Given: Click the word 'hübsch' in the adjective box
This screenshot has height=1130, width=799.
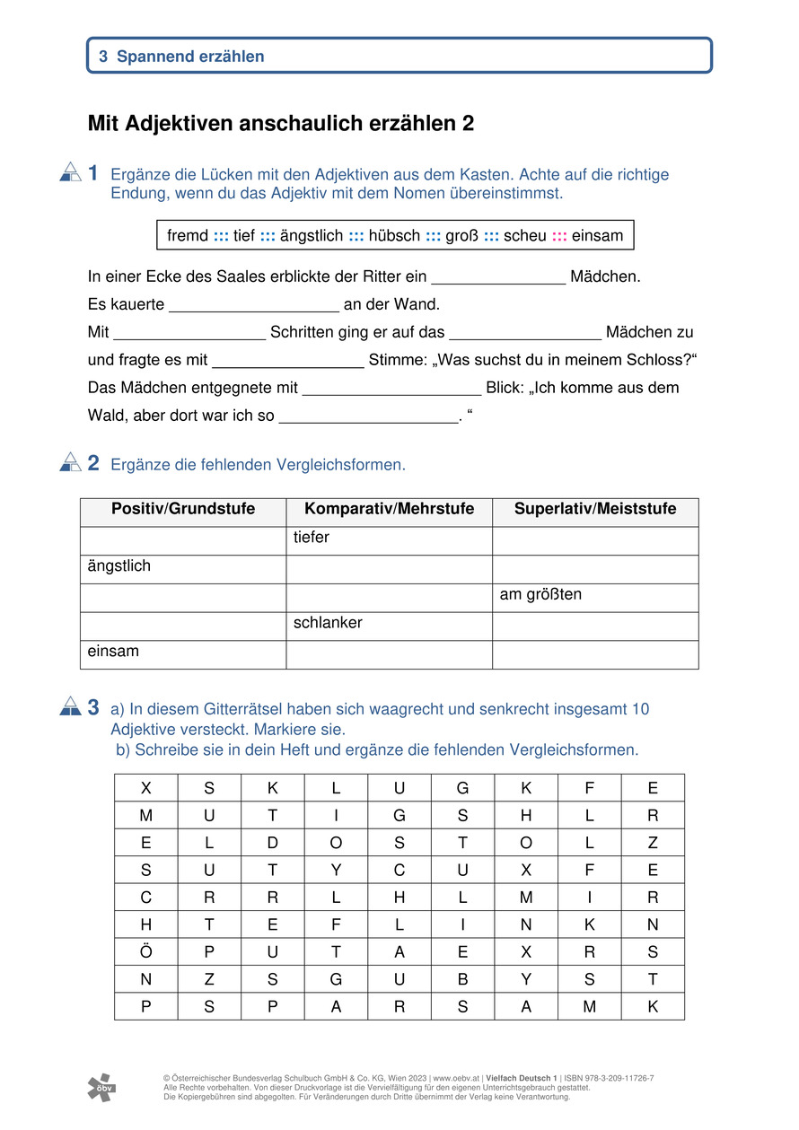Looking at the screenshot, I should click(394, 236).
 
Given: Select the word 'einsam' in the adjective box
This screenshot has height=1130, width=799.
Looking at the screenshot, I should click(597, 236).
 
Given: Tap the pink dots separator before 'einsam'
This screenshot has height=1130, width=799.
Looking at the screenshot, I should click(559, 236).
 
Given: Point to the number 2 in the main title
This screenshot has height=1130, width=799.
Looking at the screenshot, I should click(468, 124).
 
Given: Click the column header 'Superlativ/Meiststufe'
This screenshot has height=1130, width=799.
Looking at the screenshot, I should click(595, 510).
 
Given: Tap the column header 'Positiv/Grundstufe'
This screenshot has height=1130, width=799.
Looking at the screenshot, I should click(183, 510).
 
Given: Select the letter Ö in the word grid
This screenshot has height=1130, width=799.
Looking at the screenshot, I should click(146, 951).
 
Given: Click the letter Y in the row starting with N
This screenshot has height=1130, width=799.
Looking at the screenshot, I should click(526, 979).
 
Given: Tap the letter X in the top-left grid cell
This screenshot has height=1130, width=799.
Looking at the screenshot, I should click(146, 788).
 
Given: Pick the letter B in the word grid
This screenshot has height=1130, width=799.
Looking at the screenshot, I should click(462, 979).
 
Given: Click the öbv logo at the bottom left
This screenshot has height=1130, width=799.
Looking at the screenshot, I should click(101, 1087).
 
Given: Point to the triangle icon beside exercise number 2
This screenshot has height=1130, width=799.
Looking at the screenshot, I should click(71, 462).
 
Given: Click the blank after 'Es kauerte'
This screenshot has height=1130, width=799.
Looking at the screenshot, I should click(253, 305).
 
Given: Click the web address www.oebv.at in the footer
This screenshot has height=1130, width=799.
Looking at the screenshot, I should click(456, 1078).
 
